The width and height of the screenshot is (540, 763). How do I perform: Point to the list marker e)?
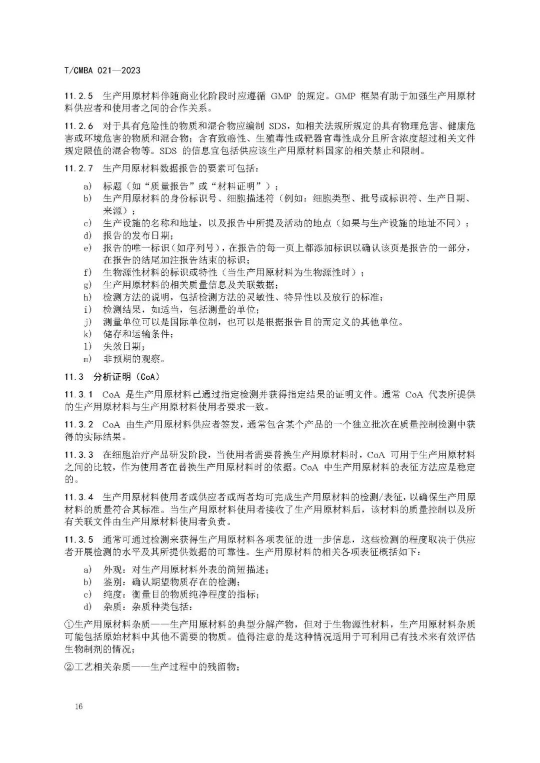point(87,248)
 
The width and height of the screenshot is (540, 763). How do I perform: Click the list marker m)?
point(88,359)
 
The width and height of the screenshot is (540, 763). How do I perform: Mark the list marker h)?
point(87,297)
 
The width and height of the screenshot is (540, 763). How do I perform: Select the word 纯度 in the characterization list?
point(112,594)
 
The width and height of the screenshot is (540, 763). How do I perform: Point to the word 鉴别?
point(112,582)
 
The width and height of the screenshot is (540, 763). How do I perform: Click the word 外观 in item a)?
point(112,570)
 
